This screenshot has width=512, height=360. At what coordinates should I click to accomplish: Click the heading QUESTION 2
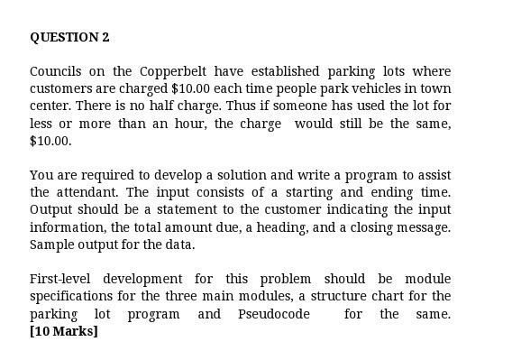coord(69,37)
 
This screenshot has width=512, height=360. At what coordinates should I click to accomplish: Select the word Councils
coord(56,71)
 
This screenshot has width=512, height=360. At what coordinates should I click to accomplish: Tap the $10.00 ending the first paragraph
coord(50,142)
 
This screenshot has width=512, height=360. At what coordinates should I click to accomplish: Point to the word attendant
coord(88,192)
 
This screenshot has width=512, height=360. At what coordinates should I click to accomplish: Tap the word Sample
coord(50,245)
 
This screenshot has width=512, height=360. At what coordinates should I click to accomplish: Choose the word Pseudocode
coord(274,314)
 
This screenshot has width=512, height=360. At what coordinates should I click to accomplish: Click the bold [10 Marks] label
coord(63,331)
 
